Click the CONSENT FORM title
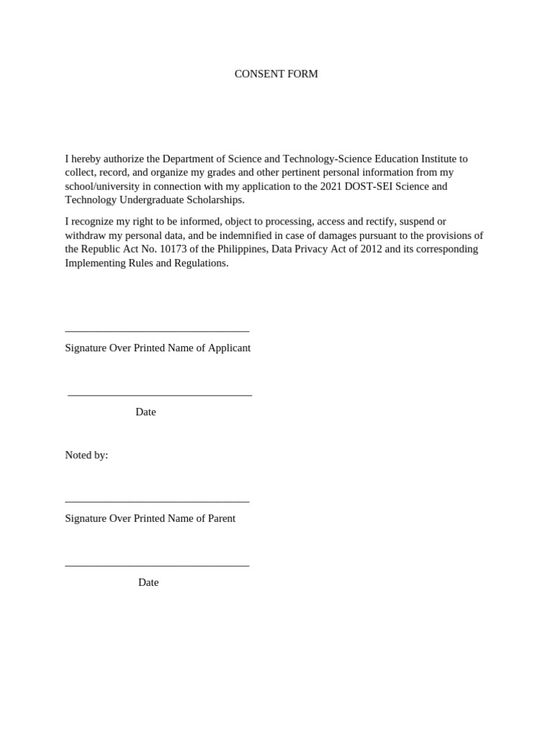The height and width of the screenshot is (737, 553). coord(276,74)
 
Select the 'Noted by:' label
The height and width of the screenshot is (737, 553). coord(86,455)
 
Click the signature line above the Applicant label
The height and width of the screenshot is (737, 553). coord(157,331)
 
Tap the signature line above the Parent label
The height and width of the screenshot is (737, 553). coord(157,502)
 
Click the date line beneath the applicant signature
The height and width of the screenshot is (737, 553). coord(160,395)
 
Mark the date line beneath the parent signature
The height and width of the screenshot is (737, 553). coord(157,566)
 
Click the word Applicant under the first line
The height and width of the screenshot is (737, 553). coord(229,348)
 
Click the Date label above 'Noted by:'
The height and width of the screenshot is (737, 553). coord(145,412)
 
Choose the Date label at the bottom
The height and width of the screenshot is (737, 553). coord(148,583)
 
